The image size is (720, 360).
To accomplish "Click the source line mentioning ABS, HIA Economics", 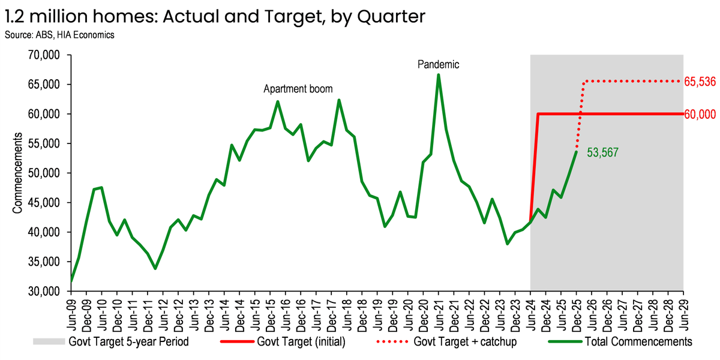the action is pos(59,35).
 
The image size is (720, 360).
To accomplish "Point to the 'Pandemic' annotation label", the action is pos(438,65).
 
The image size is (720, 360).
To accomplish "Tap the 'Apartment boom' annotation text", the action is pos(298,89).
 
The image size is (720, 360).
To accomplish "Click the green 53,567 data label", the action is pos(602,152).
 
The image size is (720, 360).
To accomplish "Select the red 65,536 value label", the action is pos(700,82).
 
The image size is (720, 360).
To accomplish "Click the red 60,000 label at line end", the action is pos(700,114).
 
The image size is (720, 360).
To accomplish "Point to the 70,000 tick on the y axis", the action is pos(44,55).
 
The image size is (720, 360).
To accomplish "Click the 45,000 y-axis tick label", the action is pos(44,203).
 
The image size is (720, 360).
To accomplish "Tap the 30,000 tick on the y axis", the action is pos(44,291).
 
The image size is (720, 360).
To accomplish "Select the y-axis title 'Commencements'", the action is pos(17,173).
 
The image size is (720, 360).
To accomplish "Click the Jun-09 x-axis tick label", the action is pos(71,314).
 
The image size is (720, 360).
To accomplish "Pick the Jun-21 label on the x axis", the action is pos(439,314).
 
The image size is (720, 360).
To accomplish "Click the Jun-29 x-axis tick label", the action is pos(683,314).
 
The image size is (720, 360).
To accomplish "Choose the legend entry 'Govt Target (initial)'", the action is pos(283,341).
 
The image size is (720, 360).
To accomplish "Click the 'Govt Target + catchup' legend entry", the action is pos(447,341).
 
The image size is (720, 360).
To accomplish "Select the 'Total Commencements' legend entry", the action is pos(620,341).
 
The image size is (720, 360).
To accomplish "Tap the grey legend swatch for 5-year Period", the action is pos(49,341).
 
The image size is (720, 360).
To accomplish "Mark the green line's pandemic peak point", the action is pos(439,75).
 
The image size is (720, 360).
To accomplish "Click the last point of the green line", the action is pos(577,152).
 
